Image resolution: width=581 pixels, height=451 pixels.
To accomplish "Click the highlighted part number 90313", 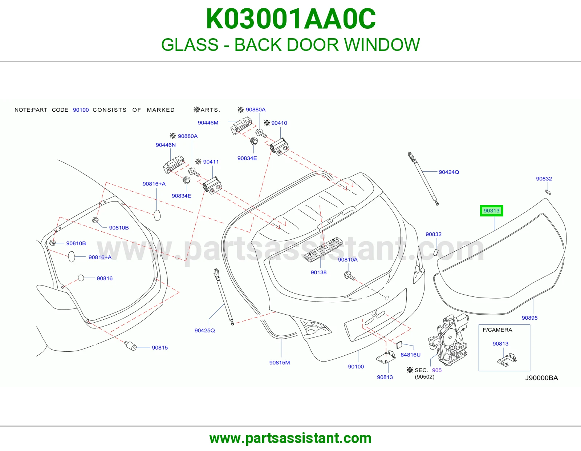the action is tap(491, 211).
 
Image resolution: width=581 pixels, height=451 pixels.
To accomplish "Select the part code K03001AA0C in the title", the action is tap(290, 19).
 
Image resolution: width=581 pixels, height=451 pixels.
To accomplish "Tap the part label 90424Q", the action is tap(449, 172).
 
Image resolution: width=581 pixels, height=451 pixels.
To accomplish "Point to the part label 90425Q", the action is tap(204, 331).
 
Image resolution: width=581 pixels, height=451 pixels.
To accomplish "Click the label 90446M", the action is tap(208, 123).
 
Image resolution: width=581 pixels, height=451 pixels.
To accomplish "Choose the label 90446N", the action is tap(166, 145).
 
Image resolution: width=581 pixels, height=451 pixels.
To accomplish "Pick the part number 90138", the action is tap(318, 272).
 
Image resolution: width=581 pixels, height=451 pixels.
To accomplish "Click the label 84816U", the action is tap(410, 355).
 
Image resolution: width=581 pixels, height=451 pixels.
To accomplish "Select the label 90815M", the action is tap(279, 363).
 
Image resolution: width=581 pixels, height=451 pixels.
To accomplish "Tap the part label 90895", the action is tap(530, 318).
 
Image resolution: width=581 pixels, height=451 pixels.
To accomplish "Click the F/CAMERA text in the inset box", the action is tap(497, 330).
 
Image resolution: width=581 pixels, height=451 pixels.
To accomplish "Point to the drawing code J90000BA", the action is tap(541, 378).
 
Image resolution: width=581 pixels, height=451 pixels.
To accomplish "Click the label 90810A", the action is tap(348, 260).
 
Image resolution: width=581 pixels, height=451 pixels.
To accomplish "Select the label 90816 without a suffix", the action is tap(105, 278).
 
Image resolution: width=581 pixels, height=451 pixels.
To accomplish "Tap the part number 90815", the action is tap(160, 348).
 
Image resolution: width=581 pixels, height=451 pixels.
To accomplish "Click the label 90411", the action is tap(211, 162).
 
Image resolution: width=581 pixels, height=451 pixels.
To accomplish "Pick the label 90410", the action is tap(279, 123).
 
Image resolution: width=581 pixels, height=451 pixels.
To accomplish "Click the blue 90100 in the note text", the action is tap(81, 110).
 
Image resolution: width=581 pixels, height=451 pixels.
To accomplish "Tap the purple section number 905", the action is tap(436, 370).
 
